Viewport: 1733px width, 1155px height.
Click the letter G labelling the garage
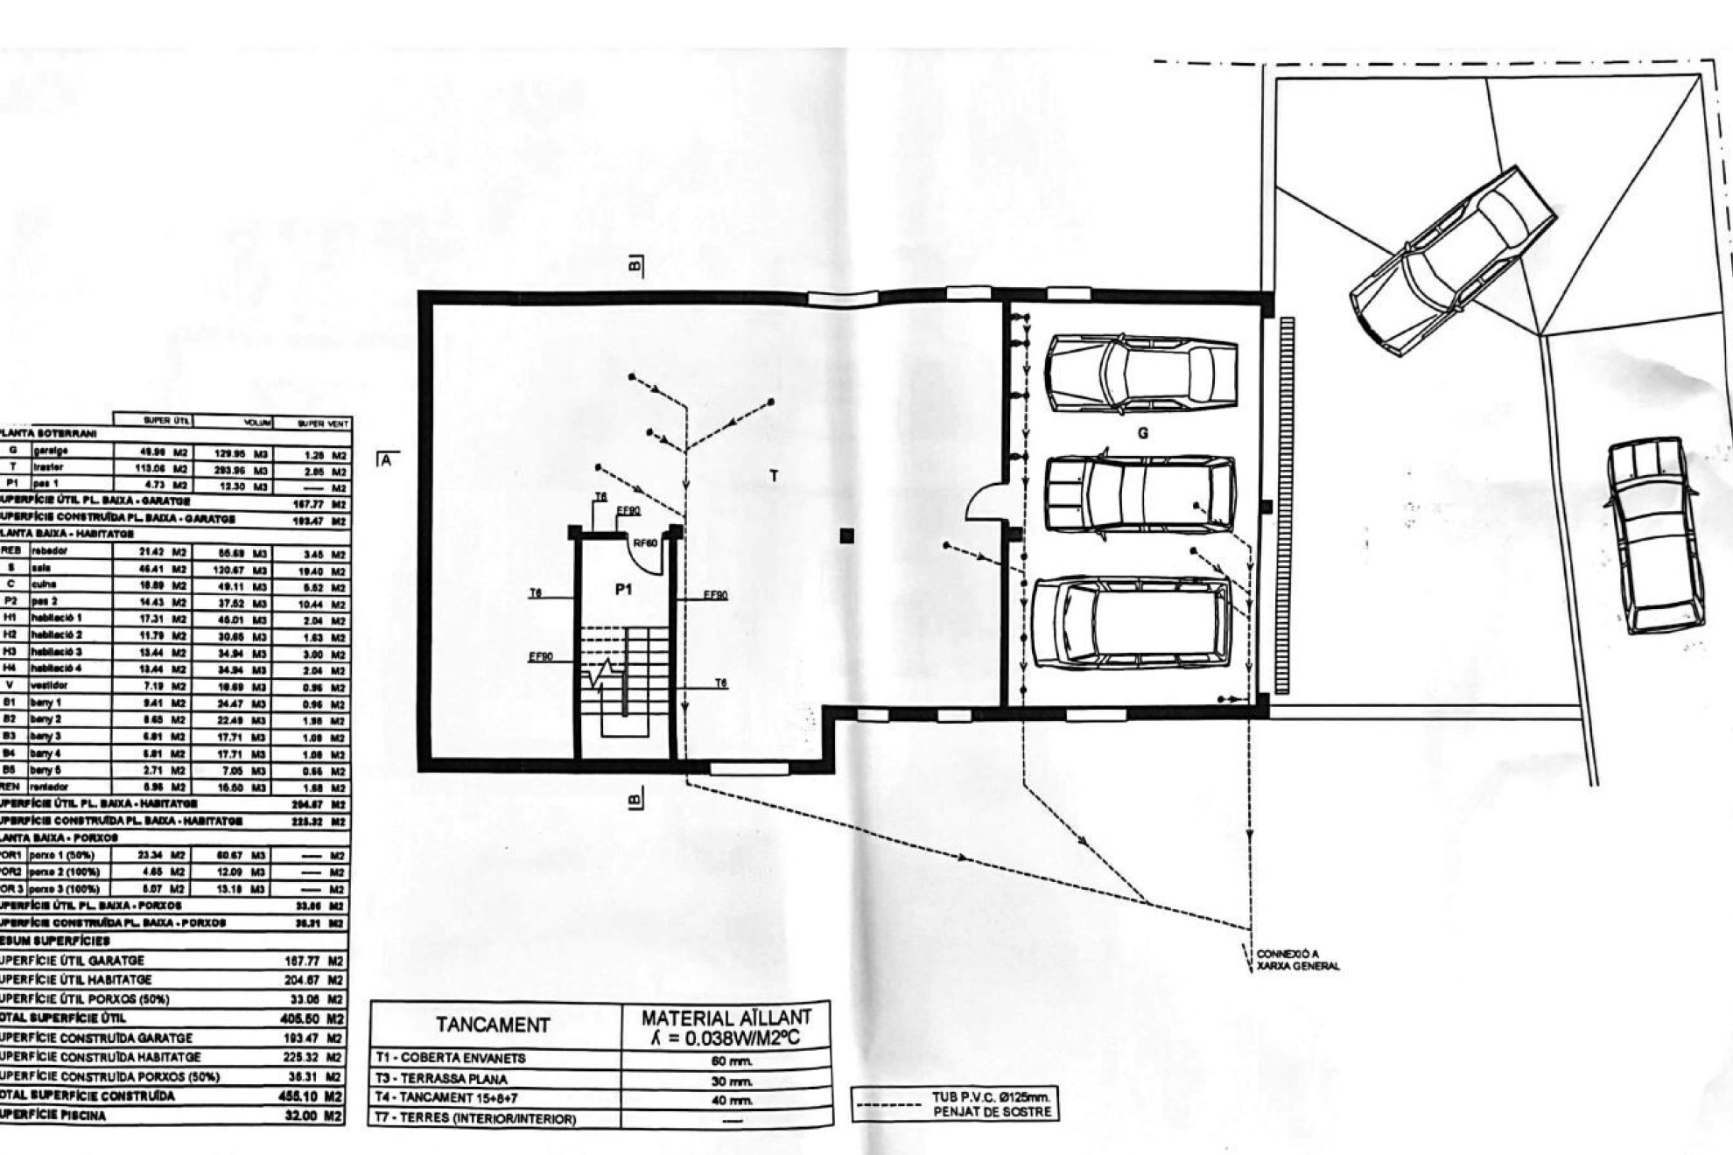tap(1142, 433)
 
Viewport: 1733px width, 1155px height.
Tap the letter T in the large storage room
tap(774, 476)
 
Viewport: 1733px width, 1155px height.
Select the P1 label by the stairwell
tap(623, 590)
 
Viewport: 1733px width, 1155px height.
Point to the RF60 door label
tap(645, 543)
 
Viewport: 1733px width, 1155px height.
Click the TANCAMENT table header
tap(494, 1025)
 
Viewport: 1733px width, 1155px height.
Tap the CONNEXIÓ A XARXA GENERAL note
tap(1297, 960)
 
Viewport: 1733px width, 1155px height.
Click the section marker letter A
tap(386, 458)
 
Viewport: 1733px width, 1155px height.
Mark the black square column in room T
tap(846, 535)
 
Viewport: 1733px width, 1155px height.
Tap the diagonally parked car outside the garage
tap(1453, 261)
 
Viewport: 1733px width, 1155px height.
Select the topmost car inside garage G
tap(1141, 374)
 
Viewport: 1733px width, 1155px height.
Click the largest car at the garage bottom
tap(1132, 623)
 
